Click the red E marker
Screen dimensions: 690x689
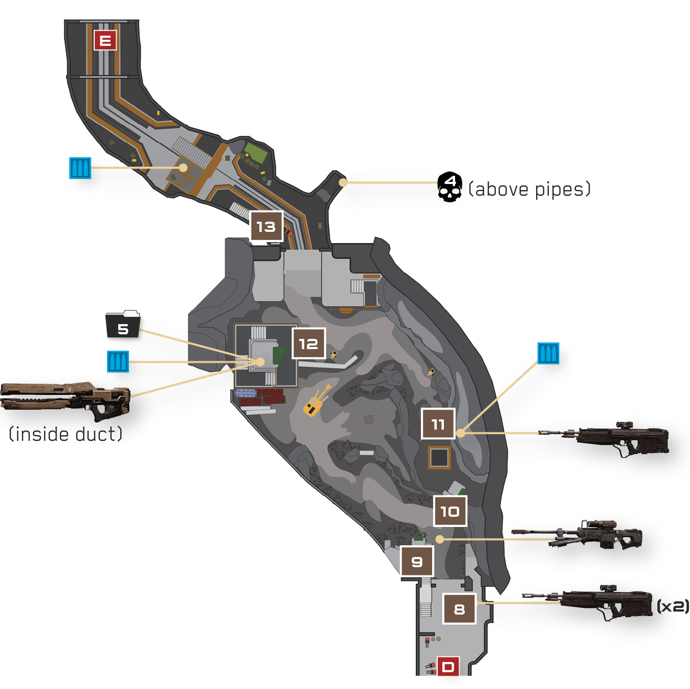(x=105, y=40)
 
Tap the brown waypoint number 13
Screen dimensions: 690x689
(x=267, y=226)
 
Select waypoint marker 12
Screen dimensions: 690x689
(x=309, y=343)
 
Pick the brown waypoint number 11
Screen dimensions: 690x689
(x=438, y=423)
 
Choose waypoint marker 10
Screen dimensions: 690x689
(x=450, y=511)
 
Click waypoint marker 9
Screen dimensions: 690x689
(x=417, y=561)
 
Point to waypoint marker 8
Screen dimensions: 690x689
(x=459, y=609)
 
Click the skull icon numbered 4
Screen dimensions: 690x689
(x=450, y=187)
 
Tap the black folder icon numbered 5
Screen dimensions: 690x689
(x=123, y=324)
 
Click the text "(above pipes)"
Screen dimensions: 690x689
(x=529, y=189)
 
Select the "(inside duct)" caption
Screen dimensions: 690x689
(x=66, y=434)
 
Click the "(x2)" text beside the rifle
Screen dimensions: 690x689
(x=673, y=606)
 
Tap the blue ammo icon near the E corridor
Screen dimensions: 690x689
(x=80, y=168)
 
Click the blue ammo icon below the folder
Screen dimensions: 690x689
(x=118, y=361)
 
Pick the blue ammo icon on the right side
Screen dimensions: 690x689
(x=548, y=353)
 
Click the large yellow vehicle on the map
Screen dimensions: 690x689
(x=315, y=402)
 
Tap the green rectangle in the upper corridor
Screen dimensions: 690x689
(x=256, y=152)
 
